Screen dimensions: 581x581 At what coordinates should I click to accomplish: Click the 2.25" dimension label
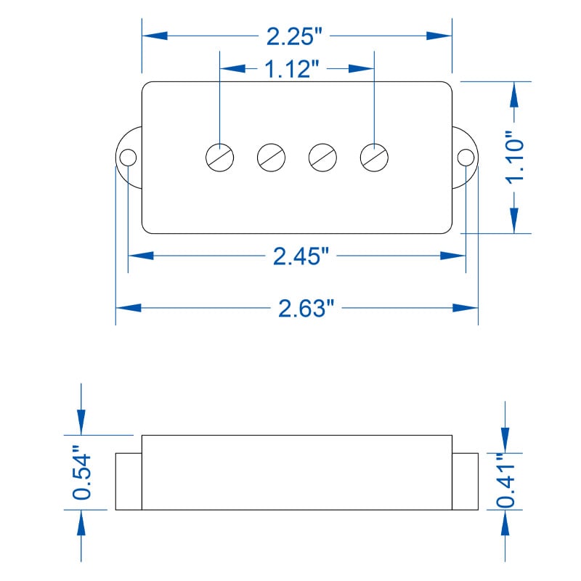(295, 36)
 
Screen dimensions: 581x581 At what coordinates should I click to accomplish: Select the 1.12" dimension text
(292, 69)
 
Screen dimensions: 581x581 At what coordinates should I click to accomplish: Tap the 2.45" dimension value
(301, 256)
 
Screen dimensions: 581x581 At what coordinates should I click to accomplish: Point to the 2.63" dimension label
(306, 308)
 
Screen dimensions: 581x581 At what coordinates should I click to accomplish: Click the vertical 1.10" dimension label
(515, 158)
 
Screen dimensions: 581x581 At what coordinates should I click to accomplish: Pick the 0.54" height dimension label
(81, 473)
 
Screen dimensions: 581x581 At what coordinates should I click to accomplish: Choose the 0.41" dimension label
(505, 480)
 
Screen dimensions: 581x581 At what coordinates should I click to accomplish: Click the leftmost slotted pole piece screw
(220, 158)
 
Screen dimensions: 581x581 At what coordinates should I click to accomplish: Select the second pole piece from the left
(271, 158)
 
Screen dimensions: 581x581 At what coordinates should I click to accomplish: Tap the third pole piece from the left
(322, 158)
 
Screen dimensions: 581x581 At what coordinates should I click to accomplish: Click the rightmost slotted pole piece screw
(374, 158)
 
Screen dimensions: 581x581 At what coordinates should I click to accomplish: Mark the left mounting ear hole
(128, 158)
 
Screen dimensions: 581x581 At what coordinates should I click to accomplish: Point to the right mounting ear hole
(466, 158)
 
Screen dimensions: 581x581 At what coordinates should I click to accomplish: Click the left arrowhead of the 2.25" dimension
(155, 36)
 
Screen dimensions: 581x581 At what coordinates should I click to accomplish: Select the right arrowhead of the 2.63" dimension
(466, 308)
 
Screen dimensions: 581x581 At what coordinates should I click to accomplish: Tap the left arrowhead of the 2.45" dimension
(141, 256)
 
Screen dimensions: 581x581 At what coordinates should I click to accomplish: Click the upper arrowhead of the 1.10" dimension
(514, 94)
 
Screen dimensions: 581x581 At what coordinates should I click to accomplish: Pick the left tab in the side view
(129, 482)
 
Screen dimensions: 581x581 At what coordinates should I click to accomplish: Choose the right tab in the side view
(465, 482)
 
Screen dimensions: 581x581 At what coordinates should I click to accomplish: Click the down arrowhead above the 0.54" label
(81, 423)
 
